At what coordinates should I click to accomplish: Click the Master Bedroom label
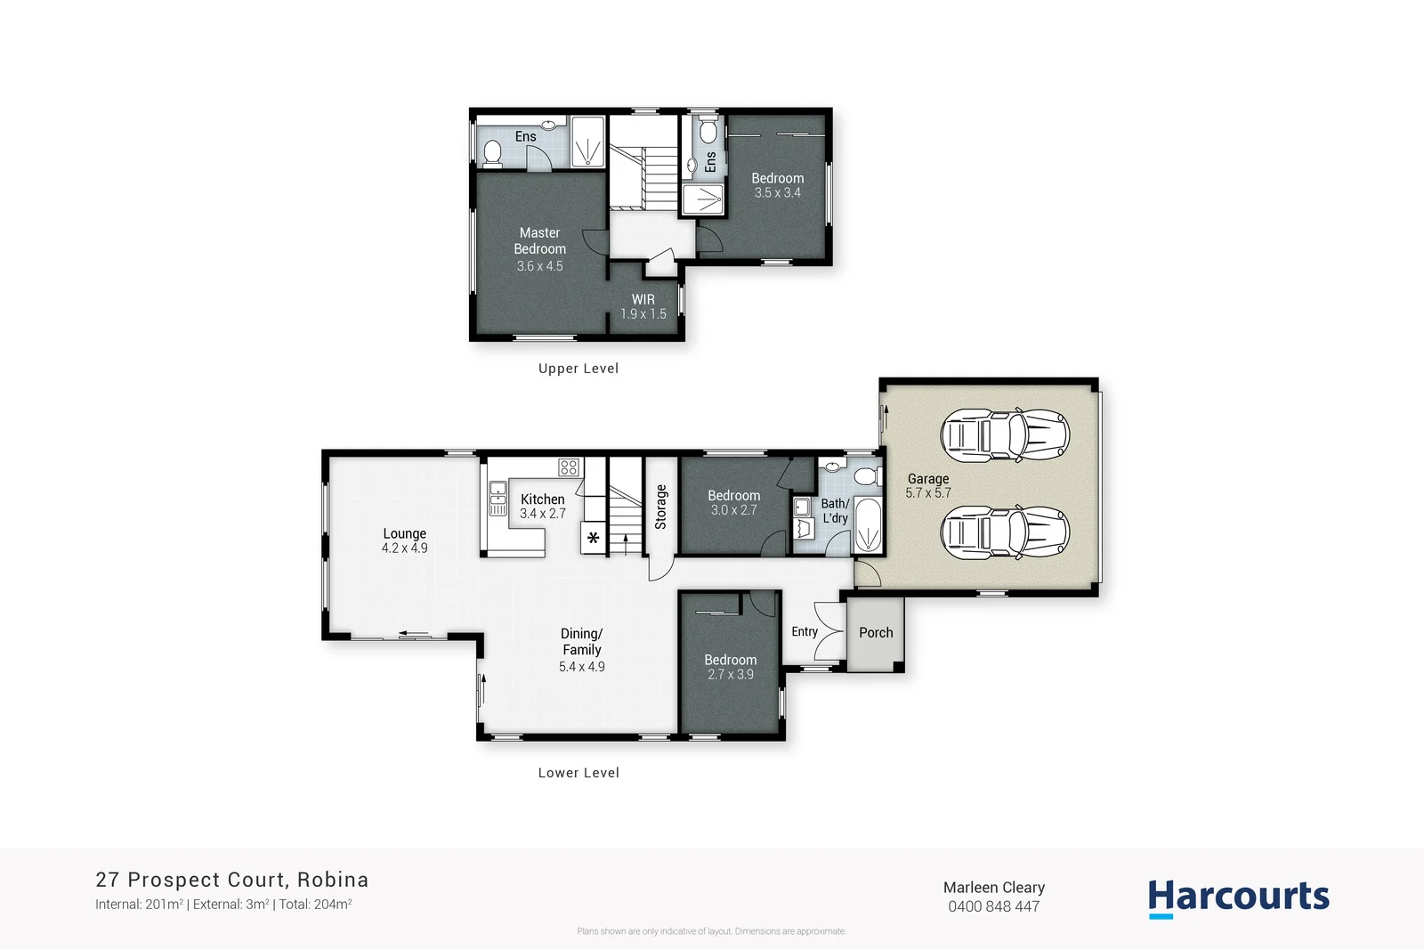[x=539, y=241]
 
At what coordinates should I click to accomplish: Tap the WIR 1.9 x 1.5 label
[x=643, y=306]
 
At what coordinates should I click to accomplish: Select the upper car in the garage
[x=1004, y=435]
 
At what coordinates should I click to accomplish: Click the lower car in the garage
[x=1004, y=532]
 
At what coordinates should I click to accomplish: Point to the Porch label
[x=876, y=632]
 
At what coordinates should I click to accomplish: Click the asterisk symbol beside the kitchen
[x=593, y=538]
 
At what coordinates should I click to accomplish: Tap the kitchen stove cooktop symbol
[x=569, y=467]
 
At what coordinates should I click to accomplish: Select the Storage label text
[x=660, y=507]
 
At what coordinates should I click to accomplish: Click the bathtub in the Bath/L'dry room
[x=867, y=526]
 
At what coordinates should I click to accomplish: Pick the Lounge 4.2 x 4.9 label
[x=404, y=540]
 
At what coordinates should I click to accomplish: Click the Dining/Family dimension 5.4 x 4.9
[x=581, y=667]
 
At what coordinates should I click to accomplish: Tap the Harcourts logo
[x=1238, y=897]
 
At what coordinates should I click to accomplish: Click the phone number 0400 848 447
[x=993, y=906]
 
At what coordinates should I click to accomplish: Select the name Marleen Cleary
[x=993, y=887]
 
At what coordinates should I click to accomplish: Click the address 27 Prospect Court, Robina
[x=231, y=880]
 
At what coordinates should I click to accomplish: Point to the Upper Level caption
[x=578, y=369]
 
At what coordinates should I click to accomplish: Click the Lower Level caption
[x=578, y=773]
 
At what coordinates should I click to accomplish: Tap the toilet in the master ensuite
[x=491, y=154]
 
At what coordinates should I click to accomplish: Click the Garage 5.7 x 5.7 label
[x=927, y=485]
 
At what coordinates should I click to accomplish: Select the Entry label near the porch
[x=804, y=631]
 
